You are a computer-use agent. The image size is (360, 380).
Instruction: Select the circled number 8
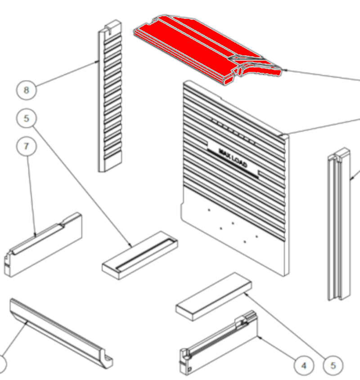[27, 90]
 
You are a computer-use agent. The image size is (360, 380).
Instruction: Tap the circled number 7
[27, 146]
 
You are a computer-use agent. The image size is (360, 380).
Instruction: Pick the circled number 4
[304, 366]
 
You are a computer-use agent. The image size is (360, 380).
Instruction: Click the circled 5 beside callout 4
[333, 366]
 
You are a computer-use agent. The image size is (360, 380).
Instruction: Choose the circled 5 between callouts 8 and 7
[27, 118]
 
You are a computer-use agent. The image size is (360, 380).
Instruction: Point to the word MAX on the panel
[225, 153]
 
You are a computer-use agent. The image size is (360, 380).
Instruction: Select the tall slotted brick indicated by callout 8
[110, 96]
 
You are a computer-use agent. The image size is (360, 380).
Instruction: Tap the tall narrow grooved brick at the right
[339, 224]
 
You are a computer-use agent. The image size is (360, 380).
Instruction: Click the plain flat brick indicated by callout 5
[214, 297]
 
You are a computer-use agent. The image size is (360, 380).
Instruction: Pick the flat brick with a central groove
[140, 255]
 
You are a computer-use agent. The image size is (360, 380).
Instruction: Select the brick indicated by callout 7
[43, 245]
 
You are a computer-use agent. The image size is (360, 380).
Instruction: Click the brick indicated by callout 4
[219, 343]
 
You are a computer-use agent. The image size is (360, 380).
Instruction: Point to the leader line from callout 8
[67, 73]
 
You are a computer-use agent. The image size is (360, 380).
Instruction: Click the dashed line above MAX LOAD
[234, 132]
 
